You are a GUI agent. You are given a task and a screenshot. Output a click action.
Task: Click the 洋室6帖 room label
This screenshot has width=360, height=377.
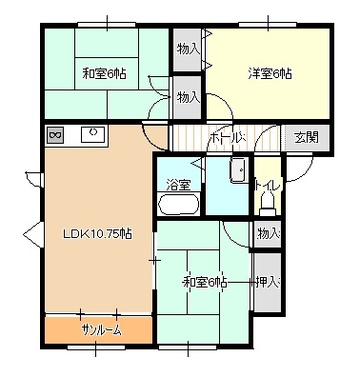tap(270, 74)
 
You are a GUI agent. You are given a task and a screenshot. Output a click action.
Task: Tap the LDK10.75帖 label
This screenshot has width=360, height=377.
tap(97, 234)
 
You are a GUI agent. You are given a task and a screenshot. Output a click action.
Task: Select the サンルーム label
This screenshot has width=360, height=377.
tap(101, 331)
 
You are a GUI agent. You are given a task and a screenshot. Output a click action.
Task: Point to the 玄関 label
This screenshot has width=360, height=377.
tap(306, 137)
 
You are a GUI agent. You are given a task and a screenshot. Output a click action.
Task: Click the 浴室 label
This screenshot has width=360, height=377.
tap(178, 185)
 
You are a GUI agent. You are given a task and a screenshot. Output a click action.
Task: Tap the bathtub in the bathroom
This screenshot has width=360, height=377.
tap(178, 204)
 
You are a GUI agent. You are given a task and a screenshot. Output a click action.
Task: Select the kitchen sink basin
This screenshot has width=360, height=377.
tap(92, 134)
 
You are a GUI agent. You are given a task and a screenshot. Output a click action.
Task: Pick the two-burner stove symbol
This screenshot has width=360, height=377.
tap(55, 135)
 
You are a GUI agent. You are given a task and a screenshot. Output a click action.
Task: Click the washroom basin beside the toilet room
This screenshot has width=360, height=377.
tap(239, 170)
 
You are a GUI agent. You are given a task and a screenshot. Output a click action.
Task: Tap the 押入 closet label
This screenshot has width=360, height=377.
tap(268, 282)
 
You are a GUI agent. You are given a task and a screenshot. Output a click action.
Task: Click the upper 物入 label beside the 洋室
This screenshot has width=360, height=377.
tap(189, 50)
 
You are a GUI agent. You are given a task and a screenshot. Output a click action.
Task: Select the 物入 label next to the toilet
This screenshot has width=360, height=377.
tap(269, 234)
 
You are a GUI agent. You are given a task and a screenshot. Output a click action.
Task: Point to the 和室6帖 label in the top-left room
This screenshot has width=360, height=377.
tap(104, 73)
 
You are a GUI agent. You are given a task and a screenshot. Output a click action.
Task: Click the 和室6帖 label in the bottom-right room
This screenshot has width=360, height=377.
tap(205, 282)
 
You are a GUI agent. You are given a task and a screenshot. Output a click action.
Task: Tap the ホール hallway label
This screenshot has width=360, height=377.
tap(228, 137)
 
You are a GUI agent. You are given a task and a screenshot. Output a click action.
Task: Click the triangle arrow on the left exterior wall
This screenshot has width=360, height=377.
tap(32, 234)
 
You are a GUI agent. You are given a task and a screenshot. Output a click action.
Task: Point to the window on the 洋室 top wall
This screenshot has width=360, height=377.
tap(268, 24)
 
